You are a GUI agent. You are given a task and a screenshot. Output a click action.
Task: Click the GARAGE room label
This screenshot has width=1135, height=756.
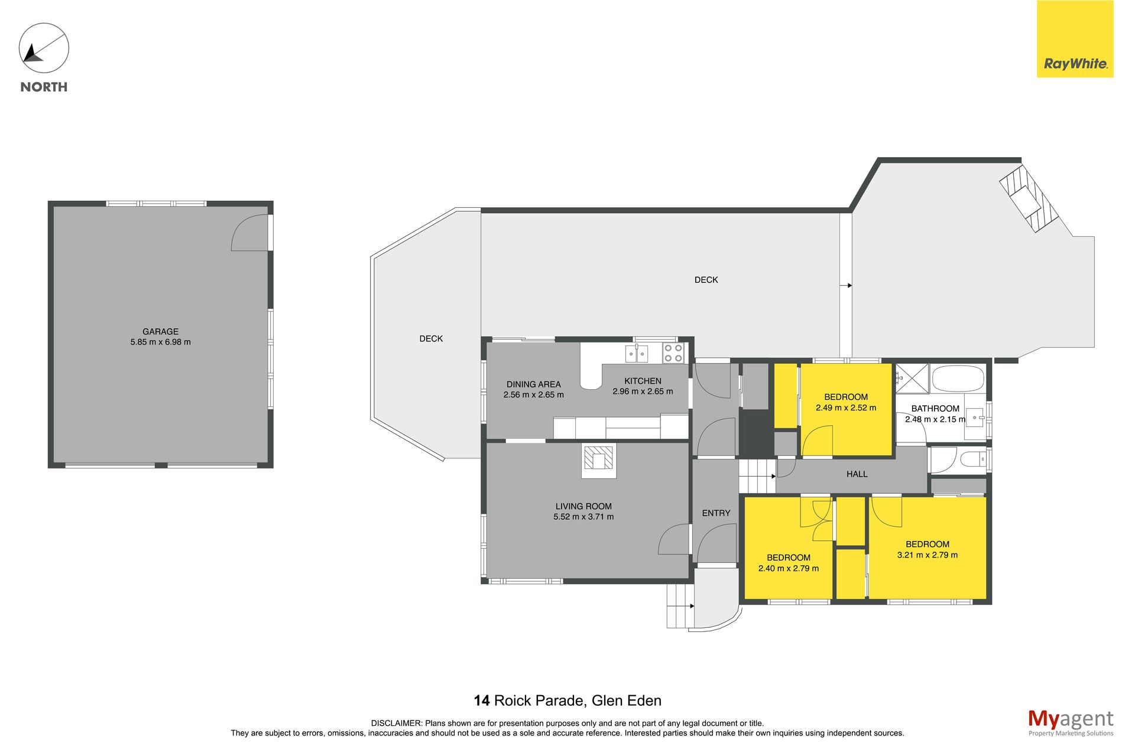click(x=160, y=331)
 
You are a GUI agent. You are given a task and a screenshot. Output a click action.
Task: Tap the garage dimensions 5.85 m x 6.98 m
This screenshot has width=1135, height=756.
click(x=160, y=342)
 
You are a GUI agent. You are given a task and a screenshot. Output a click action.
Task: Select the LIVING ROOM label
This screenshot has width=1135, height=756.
click(x=583, y=506)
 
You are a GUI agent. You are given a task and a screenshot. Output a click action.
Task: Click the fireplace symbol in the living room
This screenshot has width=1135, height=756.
click(x=599, y=460)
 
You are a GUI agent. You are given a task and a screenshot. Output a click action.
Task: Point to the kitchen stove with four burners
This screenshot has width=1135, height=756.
click(x=673, y=353)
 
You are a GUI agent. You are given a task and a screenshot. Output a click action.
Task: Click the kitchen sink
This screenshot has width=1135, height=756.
click(x=637, y=354)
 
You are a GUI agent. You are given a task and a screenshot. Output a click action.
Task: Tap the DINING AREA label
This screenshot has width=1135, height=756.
click(x=533, y=384)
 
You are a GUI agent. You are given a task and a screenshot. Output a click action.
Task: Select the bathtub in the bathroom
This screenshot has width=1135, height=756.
click(x=958, y=379)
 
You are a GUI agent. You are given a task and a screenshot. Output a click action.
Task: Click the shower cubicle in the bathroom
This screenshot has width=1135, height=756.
click(x=912, y=379)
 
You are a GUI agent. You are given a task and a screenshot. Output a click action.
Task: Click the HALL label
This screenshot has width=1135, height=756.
click(x=857, y=474)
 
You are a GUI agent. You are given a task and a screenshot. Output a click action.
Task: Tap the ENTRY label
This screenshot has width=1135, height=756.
click(x=716, y=513)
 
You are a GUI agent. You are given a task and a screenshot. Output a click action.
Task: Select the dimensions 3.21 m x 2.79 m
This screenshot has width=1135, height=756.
click(x=927, y=555)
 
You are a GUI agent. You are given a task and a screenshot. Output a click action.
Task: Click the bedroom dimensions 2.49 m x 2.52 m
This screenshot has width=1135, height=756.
click(x=846, y=408)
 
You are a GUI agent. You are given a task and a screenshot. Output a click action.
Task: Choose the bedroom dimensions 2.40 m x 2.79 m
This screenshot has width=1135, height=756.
click(x=788, y=568)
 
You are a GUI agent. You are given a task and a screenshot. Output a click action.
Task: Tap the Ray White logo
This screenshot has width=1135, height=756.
click(x=1075, y=39)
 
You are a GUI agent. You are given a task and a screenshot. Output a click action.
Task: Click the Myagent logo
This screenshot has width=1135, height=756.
click(x=1071, y=722)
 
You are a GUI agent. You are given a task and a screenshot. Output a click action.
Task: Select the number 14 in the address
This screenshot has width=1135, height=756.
click(x=482, y=700)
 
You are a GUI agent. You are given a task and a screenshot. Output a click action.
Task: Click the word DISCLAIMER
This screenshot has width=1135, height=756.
click(x=397, y=723)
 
